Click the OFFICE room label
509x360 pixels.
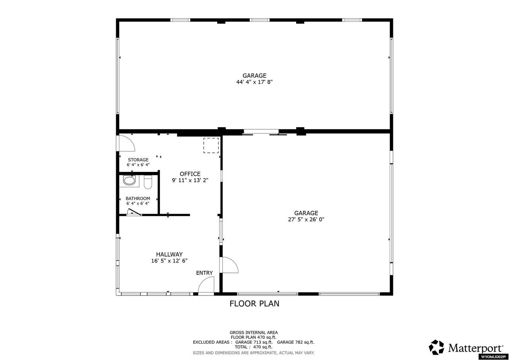pyautogui.click(x=190, y=174)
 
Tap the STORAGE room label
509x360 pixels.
pyautogui.click(x=138, y=160)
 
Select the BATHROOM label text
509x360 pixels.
pyautogui.click(x=138, y=198)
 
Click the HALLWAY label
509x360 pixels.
pyautogui.click(x=169, y=255)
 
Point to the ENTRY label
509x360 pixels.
pyautogui.click(x=204, y=273)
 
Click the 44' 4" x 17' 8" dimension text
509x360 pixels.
pyautogui.click(x=254, y=82)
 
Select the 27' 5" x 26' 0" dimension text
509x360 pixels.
pyautogui.click(x=306, y=219)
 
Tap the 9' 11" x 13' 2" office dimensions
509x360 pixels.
pyautogui.click(x=190, y=180)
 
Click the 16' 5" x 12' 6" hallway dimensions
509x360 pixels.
pyautogui.click(x=169, y=261)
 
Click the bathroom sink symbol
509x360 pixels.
pyautogui.click(x=129, y=181)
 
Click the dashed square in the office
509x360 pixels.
pyautogui.click(x=211, y=146)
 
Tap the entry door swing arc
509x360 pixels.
pyautogui.click(x=207, y=285)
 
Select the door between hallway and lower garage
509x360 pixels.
pyautogui.click(x=229, y=265)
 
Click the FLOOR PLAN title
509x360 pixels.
pyautogui.click(x=254, y=304)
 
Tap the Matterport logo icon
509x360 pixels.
pyautogui.click(x=436, y=347)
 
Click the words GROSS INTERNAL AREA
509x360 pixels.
pyautogui.click(x=254, y=333)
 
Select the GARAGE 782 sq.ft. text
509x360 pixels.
pyautogui.click(x=295, y=342)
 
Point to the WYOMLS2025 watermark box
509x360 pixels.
pyautogui.click(x=493, y=357)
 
